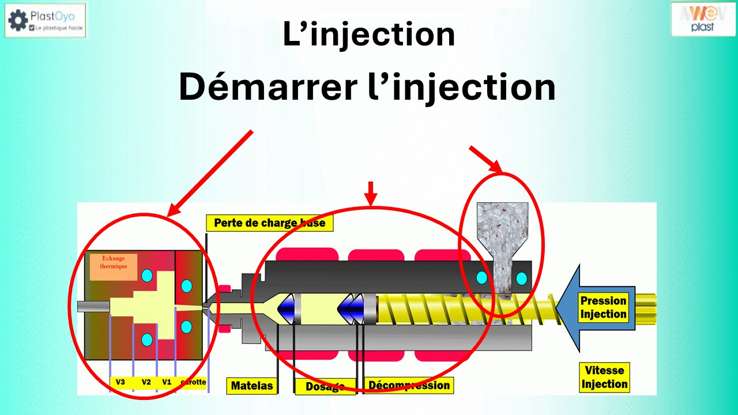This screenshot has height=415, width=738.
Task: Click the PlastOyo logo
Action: pos(46,20)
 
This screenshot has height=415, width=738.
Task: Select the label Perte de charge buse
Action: pos(269,223)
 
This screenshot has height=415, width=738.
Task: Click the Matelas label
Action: pos(251,386)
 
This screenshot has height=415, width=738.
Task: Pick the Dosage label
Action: pos(325,386)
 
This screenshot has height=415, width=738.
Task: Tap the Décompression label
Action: pos(409,385)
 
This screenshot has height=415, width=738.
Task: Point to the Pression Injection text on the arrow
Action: pos(603,307)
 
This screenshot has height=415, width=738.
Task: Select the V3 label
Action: pos(121,382)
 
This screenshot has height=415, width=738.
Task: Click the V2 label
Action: pos(146,382)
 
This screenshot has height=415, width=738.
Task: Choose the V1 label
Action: pos(167,382)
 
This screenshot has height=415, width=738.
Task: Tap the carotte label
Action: pos(193,382)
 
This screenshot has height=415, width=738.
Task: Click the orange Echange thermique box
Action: pos(114,266)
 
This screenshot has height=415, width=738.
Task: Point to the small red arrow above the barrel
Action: pos(371,193)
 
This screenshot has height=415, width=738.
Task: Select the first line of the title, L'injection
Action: pos(369,35)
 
